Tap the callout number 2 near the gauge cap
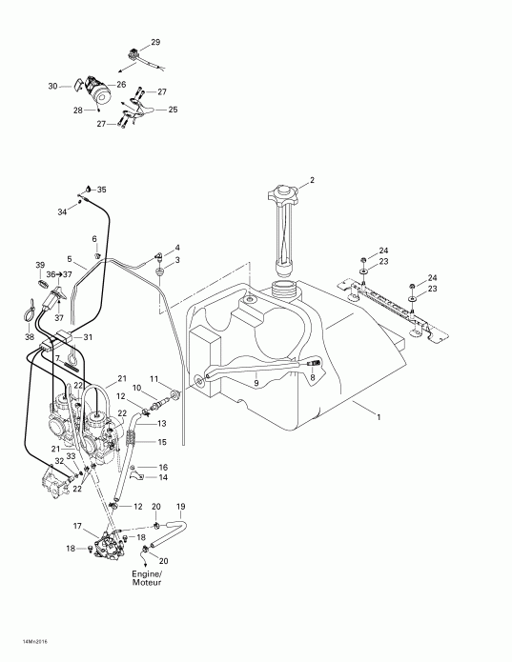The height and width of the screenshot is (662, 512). [310, 180]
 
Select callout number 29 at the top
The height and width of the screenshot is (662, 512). [155, 43]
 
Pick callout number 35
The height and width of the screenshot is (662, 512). [102, 190]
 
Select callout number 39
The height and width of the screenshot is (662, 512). [40, 264]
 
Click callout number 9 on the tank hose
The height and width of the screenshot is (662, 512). [255, 382]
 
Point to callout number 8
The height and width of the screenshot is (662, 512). [313, 377]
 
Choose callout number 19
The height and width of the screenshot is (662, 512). [181, 506]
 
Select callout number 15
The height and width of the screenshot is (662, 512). [162, 442]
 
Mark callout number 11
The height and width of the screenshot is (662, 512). [154, 380]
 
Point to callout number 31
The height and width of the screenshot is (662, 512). [88, 337]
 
